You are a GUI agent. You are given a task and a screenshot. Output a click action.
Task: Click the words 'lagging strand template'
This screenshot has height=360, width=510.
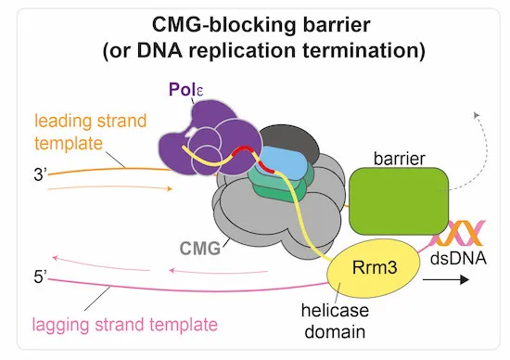point(124,324)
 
